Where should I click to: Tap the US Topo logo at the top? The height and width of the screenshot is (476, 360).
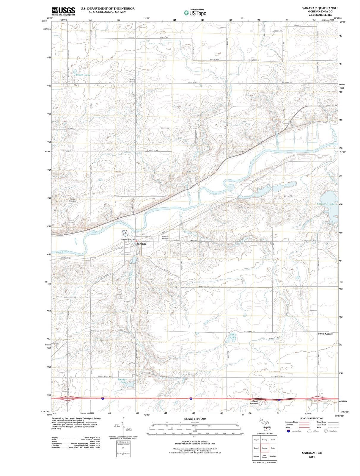pyautogui.click(x=195, y=13)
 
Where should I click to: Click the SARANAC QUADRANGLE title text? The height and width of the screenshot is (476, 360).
pyautogui.click(x=320, y=8)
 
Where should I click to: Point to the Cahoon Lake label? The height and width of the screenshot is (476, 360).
pyautogui.click(x=82, y=75)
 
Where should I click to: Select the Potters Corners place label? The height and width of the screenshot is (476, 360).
pyautogui.click(x=132, y=81)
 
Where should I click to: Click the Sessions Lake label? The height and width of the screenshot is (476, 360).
pyautogui.click(x=326, y=204)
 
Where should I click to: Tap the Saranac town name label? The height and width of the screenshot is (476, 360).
pyautogui.click(x=141, y=244)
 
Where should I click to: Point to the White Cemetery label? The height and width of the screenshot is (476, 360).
pyautogui.click(x=72, y=200)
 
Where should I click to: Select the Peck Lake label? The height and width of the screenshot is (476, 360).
pyautogui.click(x=233, y=336)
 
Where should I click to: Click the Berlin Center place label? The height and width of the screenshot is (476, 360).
pyautogui.click(x=325, y=334)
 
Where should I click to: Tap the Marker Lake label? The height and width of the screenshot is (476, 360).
pyautogui.click(x=122, y=381)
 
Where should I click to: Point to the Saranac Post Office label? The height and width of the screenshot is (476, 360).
pyautogui.click(x=129, y=239)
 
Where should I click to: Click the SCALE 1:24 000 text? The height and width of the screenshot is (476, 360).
pyautogui.click(x=195, y=419)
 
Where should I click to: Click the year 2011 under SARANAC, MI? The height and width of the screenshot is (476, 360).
pyautogui.click(x=312, y=457)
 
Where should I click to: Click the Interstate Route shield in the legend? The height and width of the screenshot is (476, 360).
pyautogui.click(x=288, y=431)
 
